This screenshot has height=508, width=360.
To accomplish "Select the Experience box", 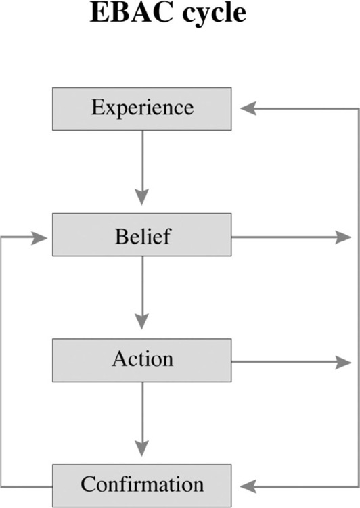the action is point(142,109).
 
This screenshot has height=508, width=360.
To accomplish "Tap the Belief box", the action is point(142,235).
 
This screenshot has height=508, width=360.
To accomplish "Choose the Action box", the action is point(142,361).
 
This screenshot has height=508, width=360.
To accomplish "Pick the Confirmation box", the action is point(142,486).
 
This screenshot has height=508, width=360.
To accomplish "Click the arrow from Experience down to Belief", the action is point(142,168).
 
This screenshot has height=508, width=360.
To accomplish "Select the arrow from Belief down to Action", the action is point(142,293).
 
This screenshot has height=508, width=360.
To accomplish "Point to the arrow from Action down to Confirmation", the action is point(142,419).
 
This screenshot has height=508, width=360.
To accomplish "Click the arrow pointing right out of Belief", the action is point(291,237).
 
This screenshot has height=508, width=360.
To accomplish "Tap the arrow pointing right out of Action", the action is point(291,362).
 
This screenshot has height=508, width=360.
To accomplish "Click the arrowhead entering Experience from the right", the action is point(248,108).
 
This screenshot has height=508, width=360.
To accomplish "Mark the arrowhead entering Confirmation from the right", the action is point(248,486).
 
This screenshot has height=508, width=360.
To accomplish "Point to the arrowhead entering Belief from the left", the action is point(39,238).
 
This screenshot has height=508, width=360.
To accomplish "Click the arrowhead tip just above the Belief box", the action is point(142,205).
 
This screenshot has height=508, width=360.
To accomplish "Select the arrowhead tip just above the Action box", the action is point(142,329).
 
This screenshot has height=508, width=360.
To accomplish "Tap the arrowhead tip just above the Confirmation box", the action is point(142,456).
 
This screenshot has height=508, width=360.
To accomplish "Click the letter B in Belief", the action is point(121,236).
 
